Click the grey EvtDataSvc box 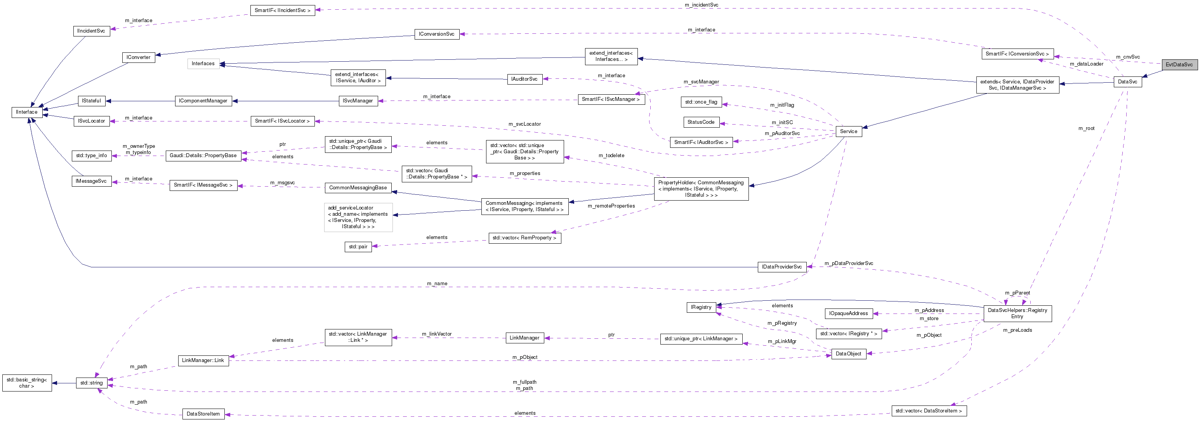[1179, 65]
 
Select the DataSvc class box [1127, 82]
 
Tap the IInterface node [26, 112]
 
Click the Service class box [848, 131]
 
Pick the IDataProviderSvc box [781, 267]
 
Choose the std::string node [91, 383]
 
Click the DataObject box [848, 354]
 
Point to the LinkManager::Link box [203, 360]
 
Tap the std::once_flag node [701, 102]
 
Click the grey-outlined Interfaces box [203, 64]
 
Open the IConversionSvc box [436, 34]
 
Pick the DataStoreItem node [203, 414]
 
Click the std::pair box [358, 247]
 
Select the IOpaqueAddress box [848, 314]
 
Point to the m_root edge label [1086, 128]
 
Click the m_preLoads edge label [1018, 330]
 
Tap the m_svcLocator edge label [524, 124]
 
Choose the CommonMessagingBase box [358, 188]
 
